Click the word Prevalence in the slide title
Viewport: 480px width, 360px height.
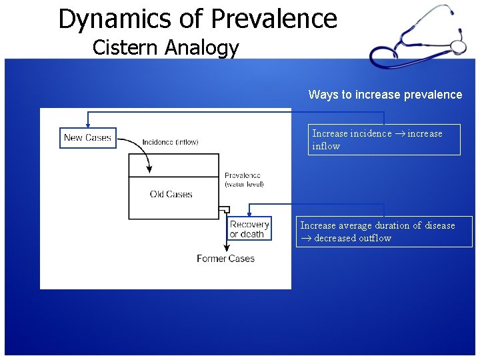pos(273,19)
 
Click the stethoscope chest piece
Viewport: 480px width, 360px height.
pos(458,47)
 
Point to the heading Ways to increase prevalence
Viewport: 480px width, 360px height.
pos(385,95)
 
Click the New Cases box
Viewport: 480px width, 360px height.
pos(87,138)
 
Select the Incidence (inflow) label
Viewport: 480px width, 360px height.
pos(170,142)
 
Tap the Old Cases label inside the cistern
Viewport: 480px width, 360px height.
pos(171,195)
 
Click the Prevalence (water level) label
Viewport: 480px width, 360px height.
pos(244,180)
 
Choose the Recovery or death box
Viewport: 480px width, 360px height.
pos(249,229)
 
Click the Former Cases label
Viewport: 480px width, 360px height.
pos(225,259)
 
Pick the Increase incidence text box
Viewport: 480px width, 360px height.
pos(384,139)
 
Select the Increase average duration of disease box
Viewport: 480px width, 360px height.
pos(384,231)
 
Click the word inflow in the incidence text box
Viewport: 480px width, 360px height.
pos(326,146)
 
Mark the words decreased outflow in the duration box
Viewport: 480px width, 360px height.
pos(353,238)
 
